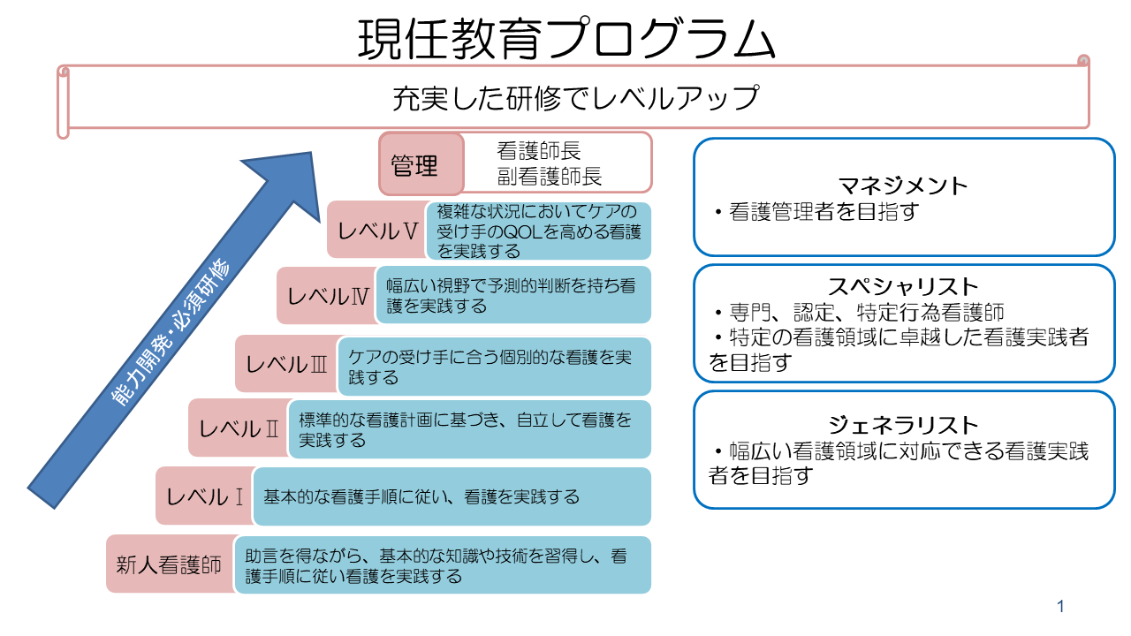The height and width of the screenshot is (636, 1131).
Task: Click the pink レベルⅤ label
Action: click(375, 231)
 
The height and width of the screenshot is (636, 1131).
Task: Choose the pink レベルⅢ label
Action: click(286, 363)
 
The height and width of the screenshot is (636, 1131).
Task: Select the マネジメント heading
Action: click(903, 186)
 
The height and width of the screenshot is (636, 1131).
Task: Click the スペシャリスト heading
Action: click(903, 286)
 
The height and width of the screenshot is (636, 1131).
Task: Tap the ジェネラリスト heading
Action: click(903, 425)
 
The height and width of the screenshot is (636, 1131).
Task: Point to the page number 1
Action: click(1060, 607)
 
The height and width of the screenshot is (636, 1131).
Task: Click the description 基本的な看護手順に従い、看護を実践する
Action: click(421, 496)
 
